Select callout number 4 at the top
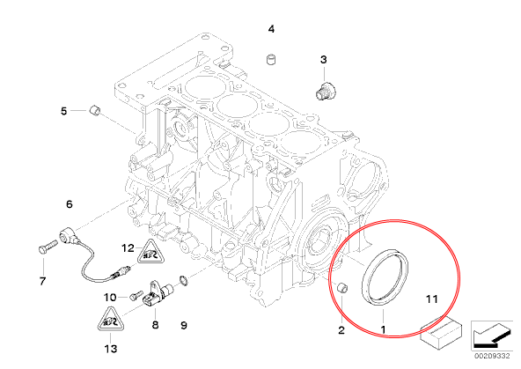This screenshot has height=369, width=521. point(272,30)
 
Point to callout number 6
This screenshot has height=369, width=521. point(69,205)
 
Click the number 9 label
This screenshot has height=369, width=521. point(184,326)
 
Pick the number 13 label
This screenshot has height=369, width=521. point(110,348)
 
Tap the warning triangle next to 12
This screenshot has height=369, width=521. point(151,254)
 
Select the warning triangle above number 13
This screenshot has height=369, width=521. point(110,319)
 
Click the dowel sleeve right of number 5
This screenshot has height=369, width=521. point(98,111)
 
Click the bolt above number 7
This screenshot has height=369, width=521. point(42,247)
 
